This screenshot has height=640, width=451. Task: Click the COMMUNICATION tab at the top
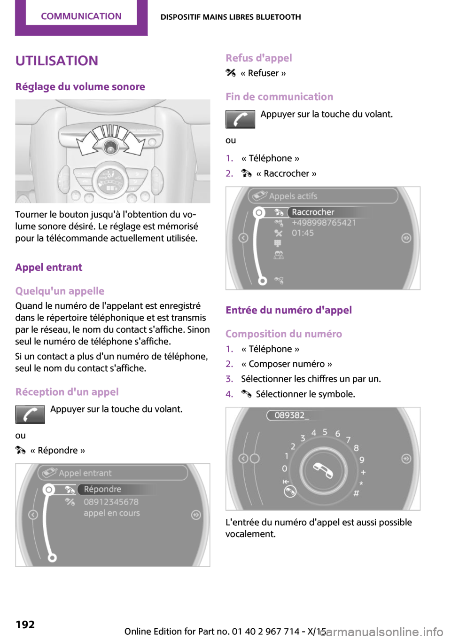[x=81, y=16]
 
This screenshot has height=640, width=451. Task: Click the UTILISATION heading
[x=57, y=61]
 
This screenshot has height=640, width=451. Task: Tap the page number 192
[x=25, y=624]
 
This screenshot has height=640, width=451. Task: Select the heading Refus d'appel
[x=258, y=58]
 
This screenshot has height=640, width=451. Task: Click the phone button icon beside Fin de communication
[x=240, y=119]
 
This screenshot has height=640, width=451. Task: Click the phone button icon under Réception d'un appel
[x=30, y=414]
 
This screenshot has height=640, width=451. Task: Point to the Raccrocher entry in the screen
[x=313, y=212]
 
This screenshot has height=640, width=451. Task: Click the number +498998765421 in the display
[x=324, y=223]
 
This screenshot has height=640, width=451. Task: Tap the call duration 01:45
[x=303, y=233]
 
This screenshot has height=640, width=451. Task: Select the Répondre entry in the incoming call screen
[x=102, y=489]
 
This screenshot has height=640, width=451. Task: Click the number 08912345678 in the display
[x=111, y=502]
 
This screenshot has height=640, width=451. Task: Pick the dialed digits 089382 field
[x=289, y=415]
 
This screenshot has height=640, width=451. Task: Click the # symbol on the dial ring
[x=356, y=493]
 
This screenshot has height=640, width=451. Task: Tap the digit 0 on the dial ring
[x=284, y=468]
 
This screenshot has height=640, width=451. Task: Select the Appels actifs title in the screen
[x=293, y=196]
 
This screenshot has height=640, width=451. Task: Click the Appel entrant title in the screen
[x=85, y=473]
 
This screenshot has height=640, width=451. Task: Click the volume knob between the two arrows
[x=111, y=147]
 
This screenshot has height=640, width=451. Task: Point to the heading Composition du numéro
[x=283, y=334]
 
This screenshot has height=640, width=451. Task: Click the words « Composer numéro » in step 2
[x=287, y=364]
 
